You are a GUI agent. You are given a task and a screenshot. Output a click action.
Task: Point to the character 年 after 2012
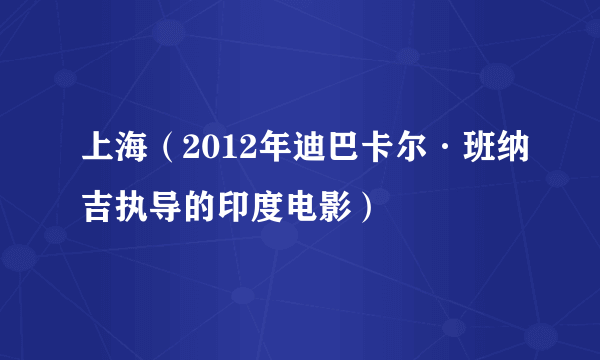point(269,158)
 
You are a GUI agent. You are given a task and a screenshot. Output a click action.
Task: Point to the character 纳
point(521,158)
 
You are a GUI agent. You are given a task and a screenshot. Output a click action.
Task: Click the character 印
point(222,207)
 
